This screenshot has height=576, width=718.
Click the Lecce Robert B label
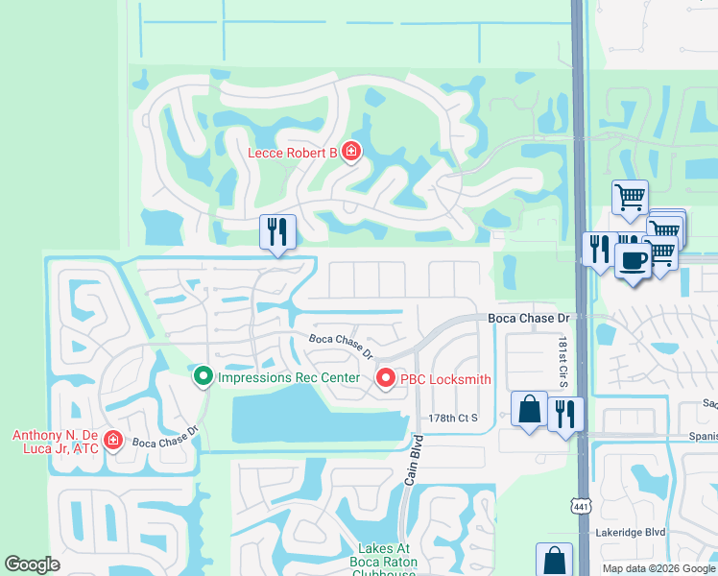[x=293, y=152]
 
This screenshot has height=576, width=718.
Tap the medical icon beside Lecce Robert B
[x=351, y=152]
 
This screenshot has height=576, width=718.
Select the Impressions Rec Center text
[x=288, y=377]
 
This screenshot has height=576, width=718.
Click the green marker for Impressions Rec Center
[x=203, y=377]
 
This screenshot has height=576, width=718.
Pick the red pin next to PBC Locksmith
[x=386, y=379]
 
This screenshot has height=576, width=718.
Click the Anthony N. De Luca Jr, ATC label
[x=55, y=442]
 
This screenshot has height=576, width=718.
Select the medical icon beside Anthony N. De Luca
[x=113, y=441]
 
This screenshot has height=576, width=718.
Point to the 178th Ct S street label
[x=453, y=419]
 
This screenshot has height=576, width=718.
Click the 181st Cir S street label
[x=563, y=363]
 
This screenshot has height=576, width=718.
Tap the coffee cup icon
[x=632, y=261]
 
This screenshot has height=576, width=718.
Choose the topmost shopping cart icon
[x=630, y=198]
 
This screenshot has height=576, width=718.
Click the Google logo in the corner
[x=33, y=564]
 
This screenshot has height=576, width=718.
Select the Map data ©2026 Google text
[x=658, y=568]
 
